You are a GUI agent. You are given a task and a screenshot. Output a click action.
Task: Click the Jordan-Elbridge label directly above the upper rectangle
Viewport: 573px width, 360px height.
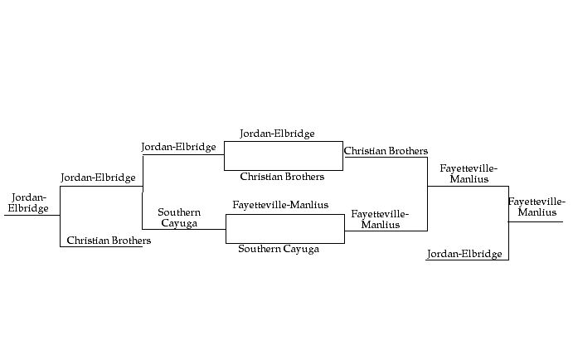(277, 134)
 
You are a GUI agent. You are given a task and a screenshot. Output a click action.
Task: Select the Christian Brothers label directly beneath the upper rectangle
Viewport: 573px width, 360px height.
(282, 177)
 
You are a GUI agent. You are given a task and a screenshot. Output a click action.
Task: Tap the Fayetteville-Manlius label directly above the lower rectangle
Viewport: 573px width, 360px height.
(280, 205)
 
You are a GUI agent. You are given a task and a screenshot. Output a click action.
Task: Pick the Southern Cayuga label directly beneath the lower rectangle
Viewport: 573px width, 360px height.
(279, 249)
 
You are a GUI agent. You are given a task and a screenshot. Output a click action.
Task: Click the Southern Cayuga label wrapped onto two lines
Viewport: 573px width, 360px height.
(179, 218)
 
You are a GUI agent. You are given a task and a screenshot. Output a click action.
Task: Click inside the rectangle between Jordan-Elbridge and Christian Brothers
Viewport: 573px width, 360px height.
(283, 155)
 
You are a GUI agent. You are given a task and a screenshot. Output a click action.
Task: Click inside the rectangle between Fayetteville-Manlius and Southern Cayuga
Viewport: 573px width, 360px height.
(284, 228)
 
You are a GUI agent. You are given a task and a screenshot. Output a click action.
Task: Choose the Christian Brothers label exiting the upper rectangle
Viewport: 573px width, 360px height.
(386, 151)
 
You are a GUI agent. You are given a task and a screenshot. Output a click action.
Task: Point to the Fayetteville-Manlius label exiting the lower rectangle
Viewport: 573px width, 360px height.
(380, 219)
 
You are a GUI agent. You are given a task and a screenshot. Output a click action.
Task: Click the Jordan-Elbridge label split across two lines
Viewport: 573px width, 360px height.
(29, 202)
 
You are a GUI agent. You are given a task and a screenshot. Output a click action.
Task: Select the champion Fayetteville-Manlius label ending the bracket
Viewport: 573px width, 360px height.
(537, 207)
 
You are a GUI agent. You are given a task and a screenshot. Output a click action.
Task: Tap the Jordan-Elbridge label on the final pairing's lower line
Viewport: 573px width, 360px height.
(464, 254)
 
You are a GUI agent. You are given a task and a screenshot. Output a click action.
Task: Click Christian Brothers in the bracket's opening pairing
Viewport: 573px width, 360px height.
(109, 241)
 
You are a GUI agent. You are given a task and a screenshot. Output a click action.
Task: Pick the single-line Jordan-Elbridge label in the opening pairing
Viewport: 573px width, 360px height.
(98, 178)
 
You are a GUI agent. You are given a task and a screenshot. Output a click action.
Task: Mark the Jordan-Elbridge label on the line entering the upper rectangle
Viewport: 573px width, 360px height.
(178, 147)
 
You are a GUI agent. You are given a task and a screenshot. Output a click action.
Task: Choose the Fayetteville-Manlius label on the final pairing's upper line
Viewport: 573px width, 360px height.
(469, 173)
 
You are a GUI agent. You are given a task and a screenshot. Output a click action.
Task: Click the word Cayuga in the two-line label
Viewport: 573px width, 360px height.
(179, 223)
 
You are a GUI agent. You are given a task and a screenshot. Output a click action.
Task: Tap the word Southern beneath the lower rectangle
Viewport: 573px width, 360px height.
(259, 249)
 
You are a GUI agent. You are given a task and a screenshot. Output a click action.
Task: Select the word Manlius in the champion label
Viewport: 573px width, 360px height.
(537, 213)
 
